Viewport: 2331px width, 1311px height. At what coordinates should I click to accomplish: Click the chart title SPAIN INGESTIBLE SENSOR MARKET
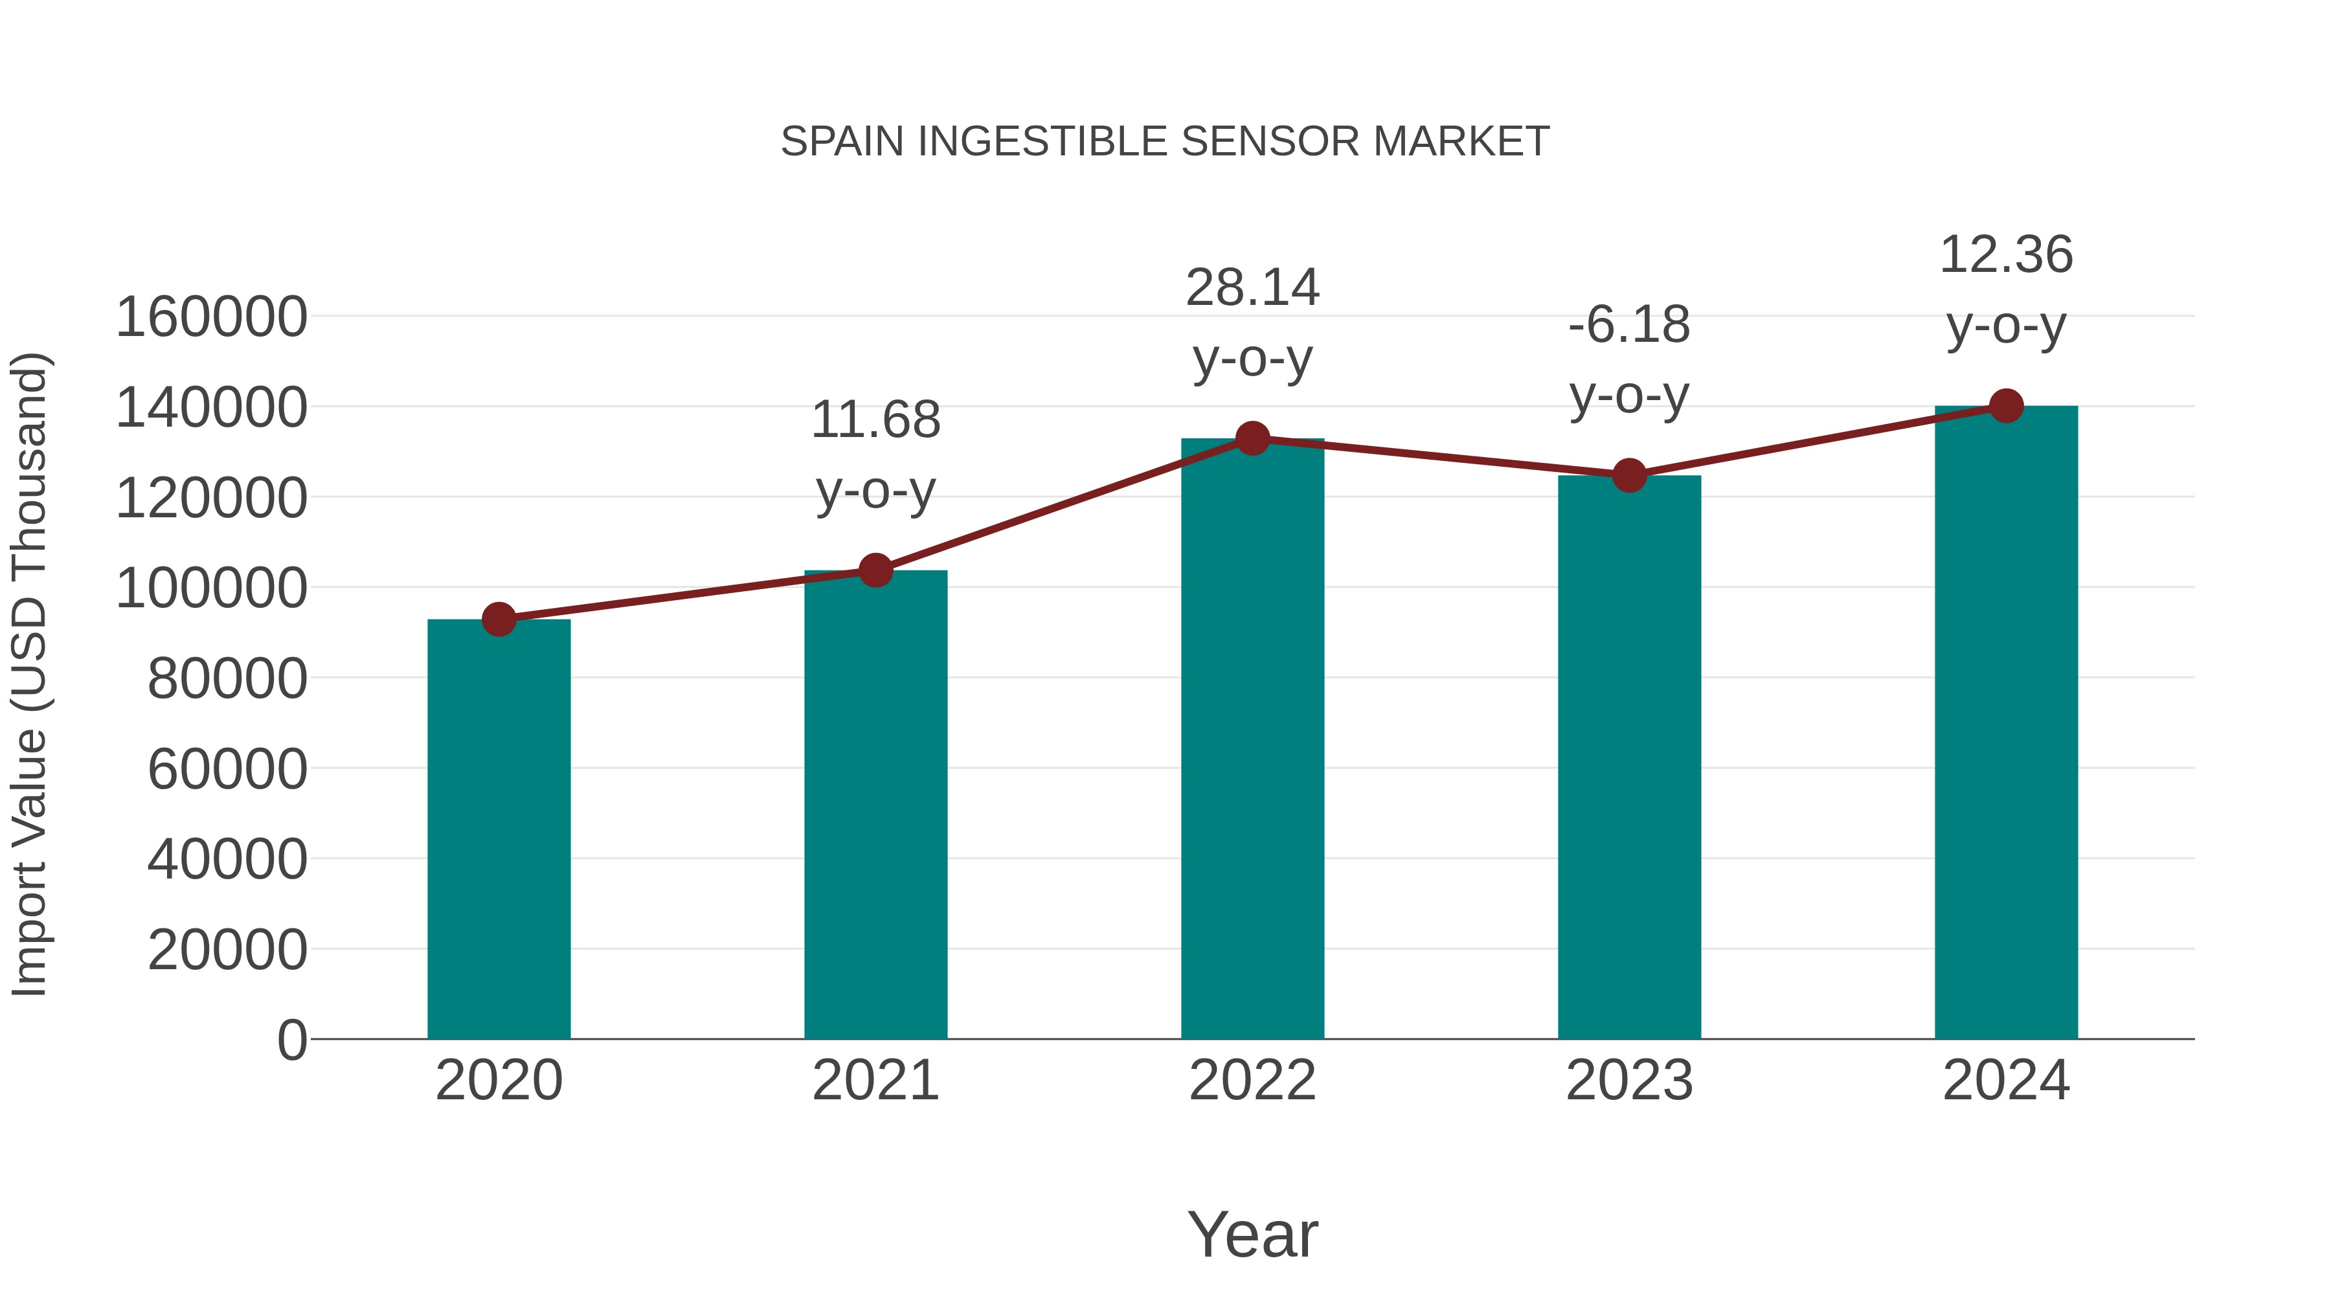pos(1165,142)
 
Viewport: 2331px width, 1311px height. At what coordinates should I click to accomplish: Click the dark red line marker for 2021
pos(875,570)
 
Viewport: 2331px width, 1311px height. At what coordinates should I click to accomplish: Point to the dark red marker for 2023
pos(1629,475)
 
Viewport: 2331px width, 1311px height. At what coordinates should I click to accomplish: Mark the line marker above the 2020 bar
pos(499,620)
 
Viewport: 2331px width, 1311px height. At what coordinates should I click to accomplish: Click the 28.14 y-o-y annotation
pos(1252,323)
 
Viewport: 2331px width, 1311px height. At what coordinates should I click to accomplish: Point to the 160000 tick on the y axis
pos(211,318)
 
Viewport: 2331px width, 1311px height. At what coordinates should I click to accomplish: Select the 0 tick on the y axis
pos(291,1040)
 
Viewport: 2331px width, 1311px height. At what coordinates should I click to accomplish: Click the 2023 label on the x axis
pos(1629,1081)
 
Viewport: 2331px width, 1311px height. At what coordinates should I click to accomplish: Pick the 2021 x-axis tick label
pos(875,1081)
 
